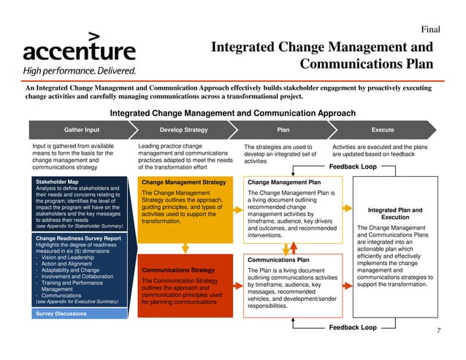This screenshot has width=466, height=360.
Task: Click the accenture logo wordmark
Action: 79,50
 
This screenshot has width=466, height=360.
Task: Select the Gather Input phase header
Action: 82,130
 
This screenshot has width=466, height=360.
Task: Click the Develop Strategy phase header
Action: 183,130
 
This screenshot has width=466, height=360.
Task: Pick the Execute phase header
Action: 382,130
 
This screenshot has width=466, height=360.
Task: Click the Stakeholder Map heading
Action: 57,180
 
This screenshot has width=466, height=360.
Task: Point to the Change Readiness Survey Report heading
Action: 78,238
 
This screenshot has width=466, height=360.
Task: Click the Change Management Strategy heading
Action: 183,181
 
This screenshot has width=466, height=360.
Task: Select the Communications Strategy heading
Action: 177,269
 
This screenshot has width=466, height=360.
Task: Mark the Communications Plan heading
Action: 279,259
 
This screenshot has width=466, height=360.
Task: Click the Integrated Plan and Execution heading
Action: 395,213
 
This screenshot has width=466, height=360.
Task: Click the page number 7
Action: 438,331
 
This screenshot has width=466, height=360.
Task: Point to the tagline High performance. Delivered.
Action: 79,71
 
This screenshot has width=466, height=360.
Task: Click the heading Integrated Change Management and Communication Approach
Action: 232,113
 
